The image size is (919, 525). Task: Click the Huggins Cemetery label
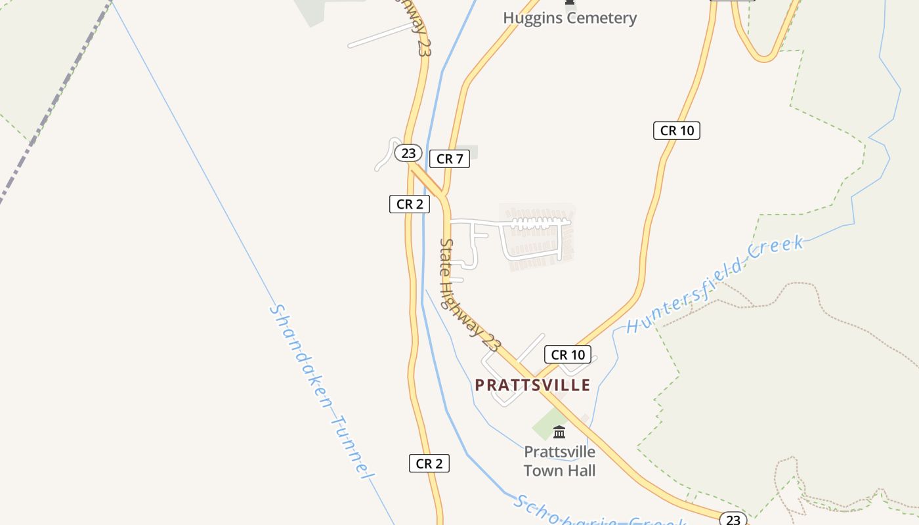(x=570, y=18)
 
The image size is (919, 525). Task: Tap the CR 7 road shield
(x=450, y=159)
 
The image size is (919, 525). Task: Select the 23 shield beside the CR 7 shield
(x=408, y=153)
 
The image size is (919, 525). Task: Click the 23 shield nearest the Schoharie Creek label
(x=733, y=520)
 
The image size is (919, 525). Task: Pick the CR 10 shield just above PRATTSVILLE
(x=568, y=355)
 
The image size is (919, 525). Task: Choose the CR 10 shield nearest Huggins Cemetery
(x=677, y=131)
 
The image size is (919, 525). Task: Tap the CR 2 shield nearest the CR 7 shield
(x=410, y=204)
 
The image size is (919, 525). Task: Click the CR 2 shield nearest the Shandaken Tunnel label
(x=429, y=463)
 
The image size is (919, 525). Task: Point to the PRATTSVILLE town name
(x=532, y=385)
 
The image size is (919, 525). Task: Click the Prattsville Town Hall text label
(x=560, y=461)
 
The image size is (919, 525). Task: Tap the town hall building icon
(x=559, y=432)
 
